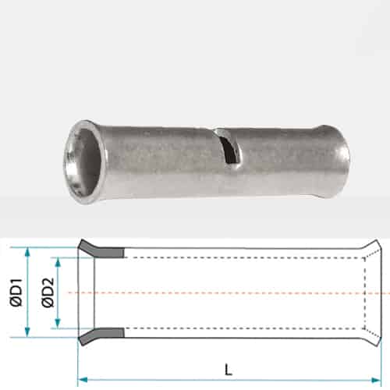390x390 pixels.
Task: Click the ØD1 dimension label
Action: [16, 292]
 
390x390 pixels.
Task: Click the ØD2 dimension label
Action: [48, 292]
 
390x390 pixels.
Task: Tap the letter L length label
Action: [228, 370]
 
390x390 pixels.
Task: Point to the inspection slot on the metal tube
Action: [229, 146]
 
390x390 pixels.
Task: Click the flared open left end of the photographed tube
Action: [84, 161]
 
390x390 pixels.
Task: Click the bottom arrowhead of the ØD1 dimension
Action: [27, 332]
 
